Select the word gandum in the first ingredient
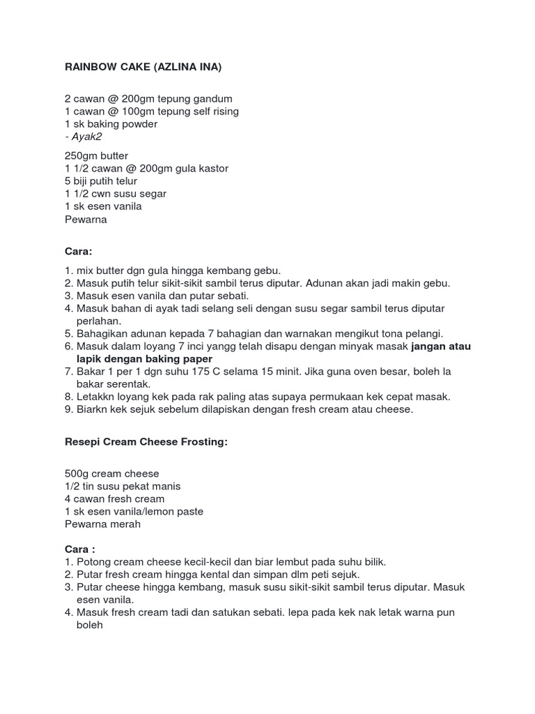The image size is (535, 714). click(212, 99)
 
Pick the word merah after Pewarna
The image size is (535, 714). click(125, 524)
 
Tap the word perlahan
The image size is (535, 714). click(99, 321)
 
